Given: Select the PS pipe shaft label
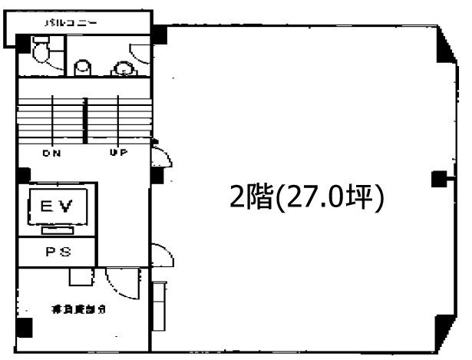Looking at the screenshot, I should (58, 250).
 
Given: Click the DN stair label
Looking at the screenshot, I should (52, 153).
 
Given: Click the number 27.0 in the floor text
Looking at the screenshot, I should (323, 198).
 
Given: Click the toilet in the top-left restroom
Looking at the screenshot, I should (43, 51).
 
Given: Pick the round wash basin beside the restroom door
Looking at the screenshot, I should (122, 69).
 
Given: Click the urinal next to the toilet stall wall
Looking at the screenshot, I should (82, 68).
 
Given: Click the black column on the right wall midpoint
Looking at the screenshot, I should (438, 180).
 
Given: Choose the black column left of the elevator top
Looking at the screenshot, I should (24, 175).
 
